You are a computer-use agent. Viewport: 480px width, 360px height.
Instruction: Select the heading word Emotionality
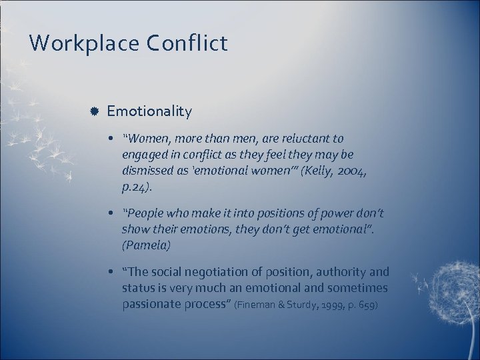click(149, 111)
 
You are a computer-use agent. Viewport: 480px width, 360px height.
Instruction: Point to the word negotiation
click(219, 272)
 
